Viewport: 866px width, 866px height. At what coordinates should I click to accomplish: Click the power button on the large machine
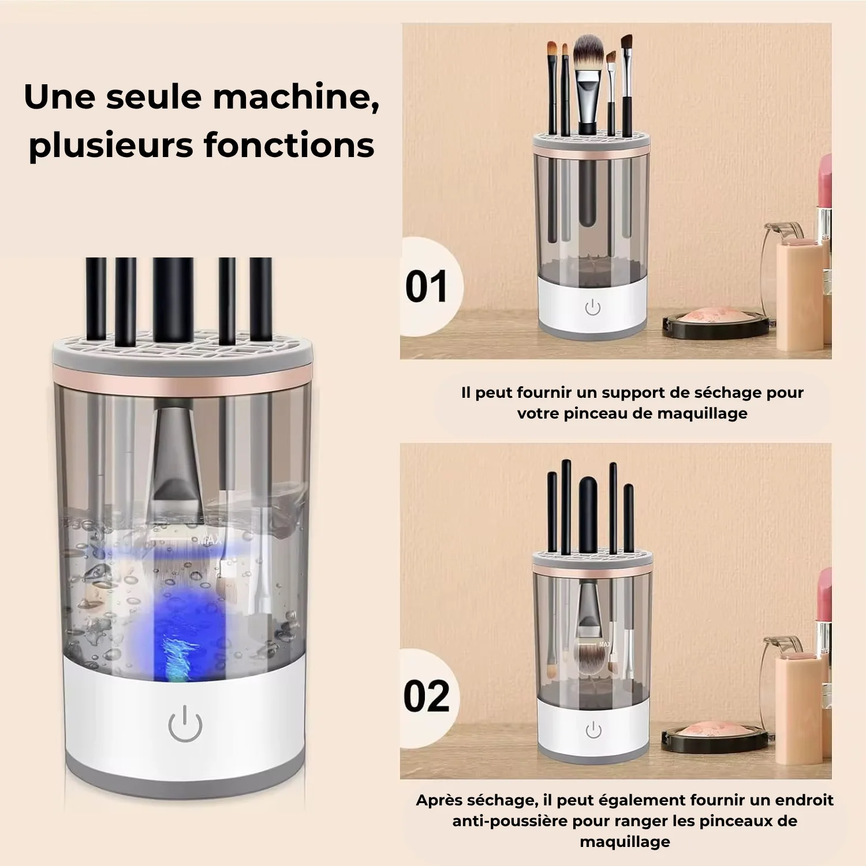(x=185, y=723)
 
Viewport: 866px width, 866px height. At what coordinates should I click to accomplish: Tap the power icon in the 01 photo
(x=593, y=307)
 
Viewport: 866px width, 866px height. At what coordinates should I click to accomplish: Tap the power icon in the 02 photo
(x=593, y=730)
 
